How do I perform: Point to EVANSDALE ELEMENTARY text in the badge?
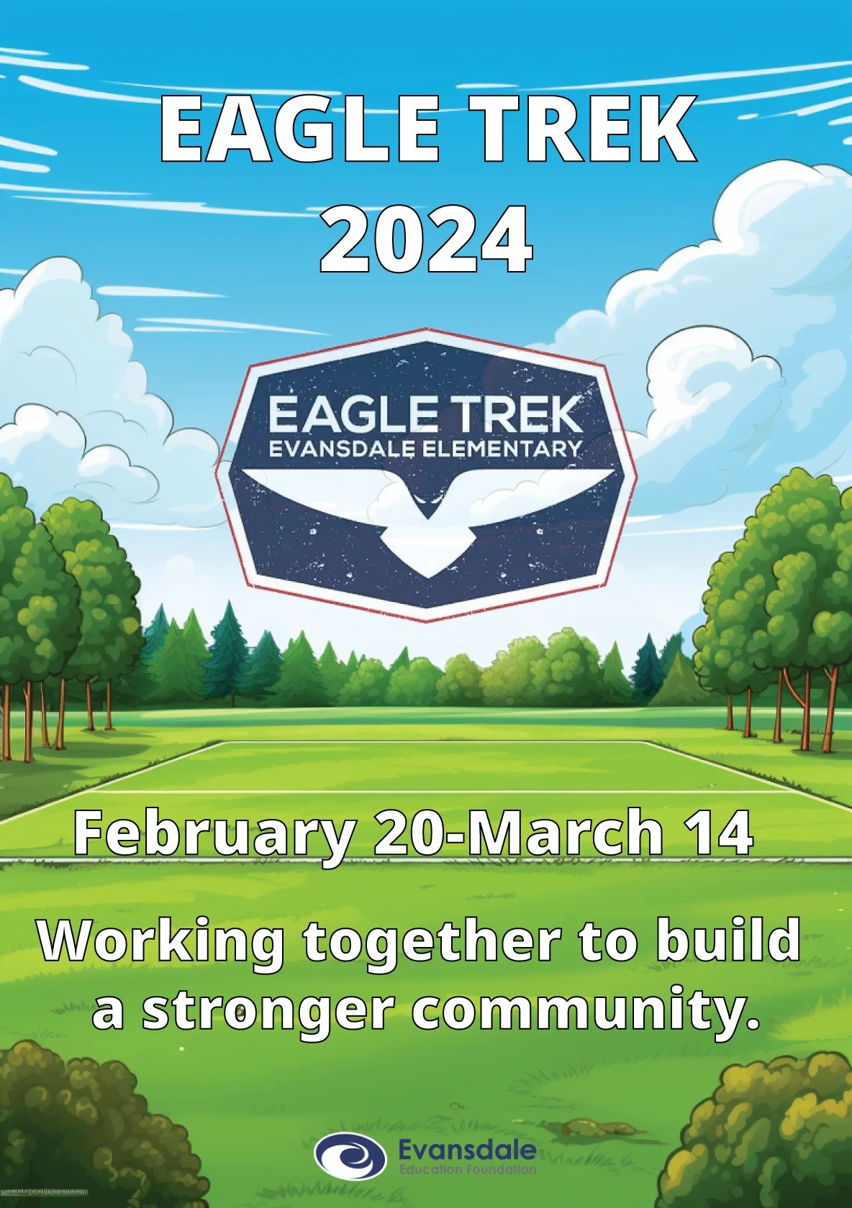tap(425, 449)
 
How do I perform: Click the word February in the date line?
tap(213, 833)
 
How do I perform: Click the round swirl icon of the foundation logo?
tap(350, 1157)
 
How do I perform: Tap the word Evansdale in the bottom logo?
tap(467, 1148)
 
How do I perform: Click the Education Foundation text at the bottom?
tap(467, 1169)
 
